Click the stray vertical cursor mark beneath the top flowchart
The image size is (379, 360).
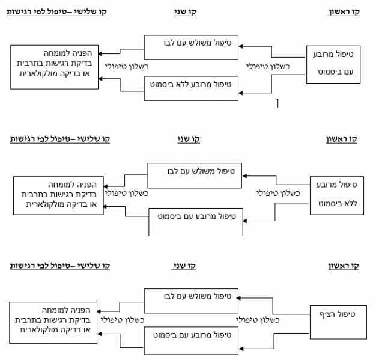click(x=277, y=104)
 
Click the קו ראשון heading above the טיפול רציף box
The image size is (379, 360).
click(x=344, y=266)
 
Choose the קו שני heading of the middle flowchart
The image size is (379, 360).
click(x=188, y=139)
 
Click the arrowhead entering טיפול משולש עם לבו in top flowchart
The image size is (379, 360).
click(x=241, y=44)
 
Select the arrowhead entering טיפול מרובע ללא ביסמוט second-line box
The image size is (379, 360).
click(x=241, y=92)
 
